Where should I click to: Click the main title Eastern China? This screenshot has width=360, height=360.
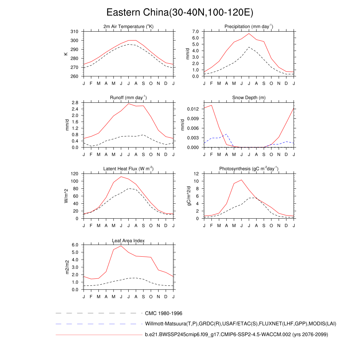(x=180, y=13)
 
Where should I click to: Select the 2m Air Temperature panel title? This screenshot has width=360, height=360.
(x=129, y=27)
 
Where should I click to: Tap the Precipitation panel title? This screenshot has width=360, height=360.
(x=249, y=27)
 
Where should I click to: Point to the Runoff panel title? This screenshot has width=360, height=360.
(x=129, y=98)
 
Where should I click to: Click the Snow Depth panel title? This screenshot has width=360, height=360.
(x=249, y=98)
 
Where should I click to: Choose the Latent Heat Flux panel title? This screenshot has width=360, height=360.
(x=129, y=169)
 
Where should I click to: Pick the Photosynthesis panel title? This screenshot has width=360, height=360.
(x=249, y=169)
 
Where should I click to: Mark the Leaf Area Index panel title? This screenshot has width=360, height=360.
(x=128, y=240)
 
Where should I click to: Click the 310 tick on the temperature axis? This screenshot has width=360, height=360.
(x=75, y=32)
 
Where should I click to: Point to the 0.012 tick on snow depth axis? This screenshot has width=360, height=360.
(x=193, y=109)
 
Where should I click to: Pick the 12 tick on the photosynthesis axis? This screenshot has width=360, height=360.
(x=197, y=174)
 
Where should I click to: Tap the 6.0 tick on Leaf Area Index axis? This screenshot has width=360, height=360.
(x=75, y=245)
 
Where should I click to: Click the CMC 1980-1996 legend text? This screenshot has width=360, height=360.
(x=163, y=313)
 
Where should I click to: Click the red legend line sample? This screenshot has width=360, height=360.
(x=98, y=335)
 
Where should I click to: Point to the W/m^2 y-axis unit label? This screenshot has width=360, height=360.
(x=66, y=196)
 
